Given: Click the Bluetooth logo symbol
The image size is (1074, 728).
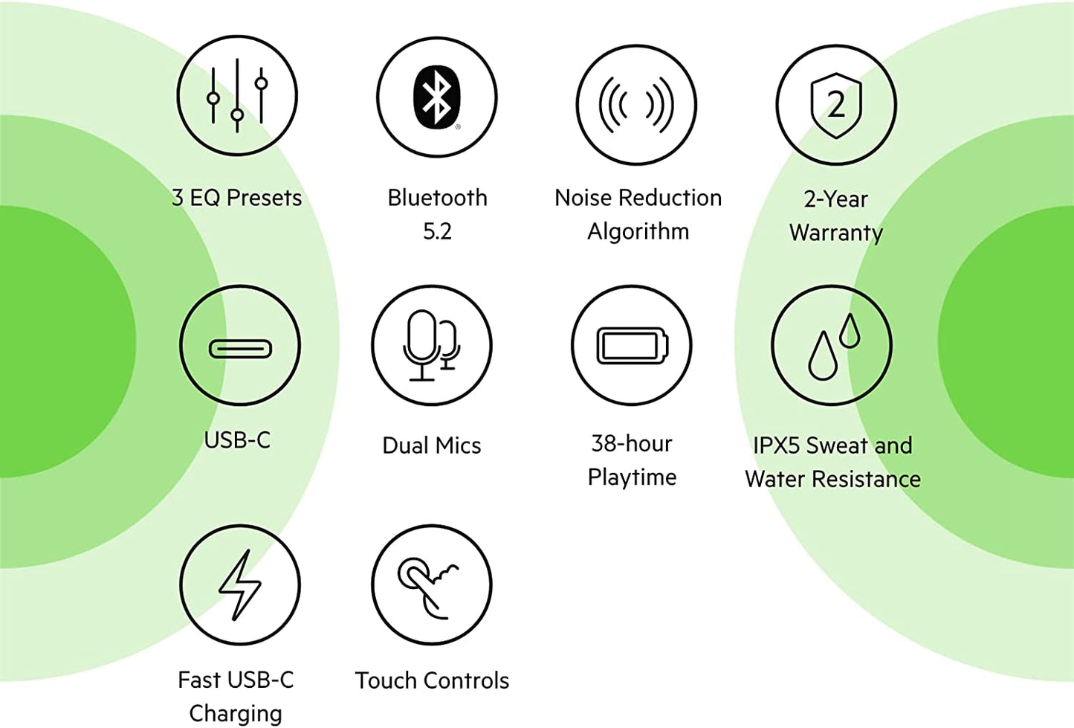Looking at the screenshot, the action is click(x=436, y=97).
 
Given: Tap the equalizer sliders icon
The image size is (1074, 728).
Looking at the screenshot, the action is click(x=237, y=95).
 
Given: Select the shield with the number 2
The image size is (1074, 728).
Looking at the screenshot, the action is click(x=836, y=105).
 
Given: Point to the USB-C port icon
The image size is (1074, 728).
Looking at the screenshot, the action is click(x=240, y=349).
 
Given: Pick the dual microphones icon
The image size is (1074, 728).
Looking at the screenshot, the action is click(x=431, y=345).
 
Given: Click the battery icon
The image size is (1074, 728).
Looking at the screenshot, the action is click(x=633, y=345).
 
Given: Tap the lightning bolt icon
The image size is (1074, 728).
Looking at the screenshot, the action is click(x=240, y=584).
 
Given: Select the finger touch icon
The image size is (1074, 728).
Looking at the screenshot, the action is click(x=427, y=588).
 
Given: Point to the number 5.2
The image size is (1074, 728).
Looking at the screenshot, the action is click(x=437, y=231).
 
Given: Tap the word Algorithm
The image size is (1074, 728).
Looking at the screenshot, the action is click(x=638, y=232).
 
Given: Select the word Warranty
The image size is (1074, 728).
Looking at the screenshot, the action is click(x=836, y=233).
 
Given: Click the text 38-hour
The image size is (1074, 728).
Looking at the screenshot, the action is click(x=632, y=444).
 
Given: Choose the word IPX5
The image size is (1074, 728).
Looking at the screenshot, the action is click(x=777, y=445).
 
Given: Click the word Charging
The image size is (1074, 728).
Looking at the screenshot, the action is click(x=236, y=714).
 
